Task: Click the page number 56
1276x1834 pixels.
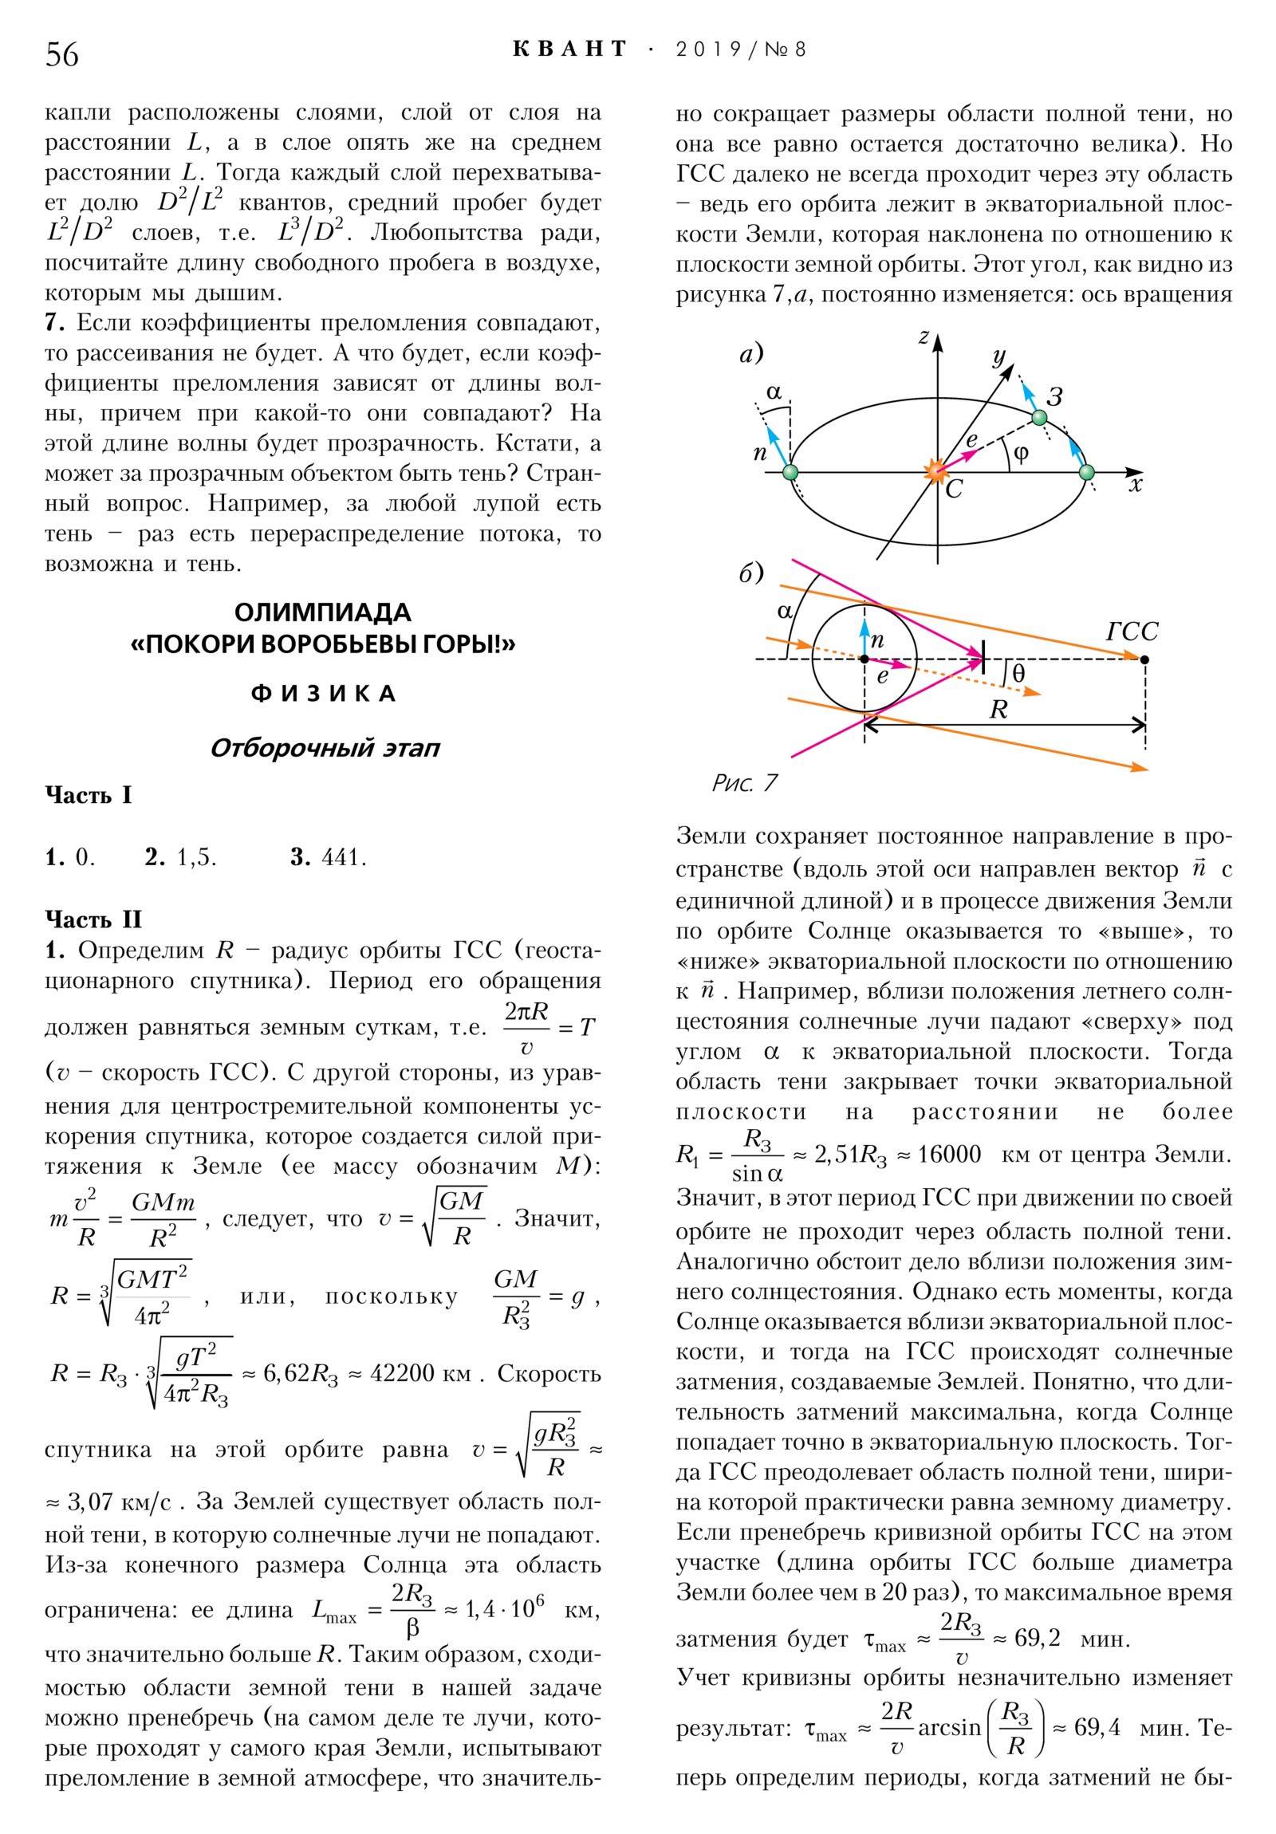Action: tap(62, 55)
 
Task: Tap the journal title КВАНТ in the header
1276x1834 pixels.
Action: tap(569, 49)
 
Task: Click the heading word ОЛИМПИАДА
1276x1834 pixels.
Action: tap(322, 612)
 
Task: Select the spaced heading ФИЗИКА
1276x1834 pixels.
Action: tap(323, 694)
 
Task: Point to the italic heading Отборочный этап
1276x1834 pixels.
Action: tap(325, 749)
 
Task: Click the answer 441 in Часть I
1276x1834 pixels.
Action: tap(343, 857)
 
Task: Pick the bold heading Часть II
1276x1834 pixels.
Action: tap(93, 919)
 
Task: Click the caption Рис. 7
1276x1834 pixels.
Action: tap(744, 783)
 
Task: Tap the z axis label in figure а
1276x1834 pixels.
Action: tap(923, 337)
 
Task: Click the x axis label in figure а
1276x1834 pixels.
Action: tap(1136, 484)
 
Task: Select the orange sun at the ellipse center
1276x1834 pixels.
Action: tap(936, 471)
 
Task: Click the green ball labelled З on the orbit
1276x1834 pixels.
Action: tap(1038, 417)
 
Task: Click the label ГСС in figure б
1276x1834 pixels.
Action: tap(1132, 632)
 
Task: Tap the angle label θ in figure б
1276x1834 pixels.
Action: tap(1018, 673)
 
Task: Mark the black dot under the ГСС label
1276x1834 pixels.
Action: tap(1145, 659)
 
